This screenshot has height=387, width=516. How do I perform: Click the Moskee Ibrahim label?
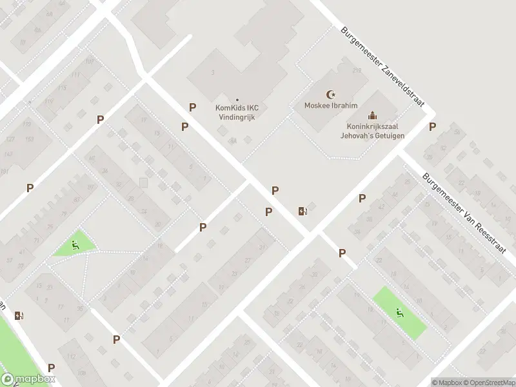click(330, 105)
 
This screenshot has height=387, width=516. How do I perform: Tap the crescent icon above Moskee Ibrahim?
click(332, 94)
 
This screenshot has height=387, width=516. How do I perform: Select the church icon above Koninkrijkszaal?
click(372, 115)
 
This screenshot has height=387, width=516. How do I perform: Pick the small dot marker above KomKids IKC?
click(238, 99)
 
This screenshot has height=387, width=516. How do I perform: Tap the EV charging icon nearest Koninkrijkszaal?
click(302, 211)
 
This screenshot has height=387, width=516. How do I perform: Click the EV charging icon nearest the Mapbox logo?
click(19, 315)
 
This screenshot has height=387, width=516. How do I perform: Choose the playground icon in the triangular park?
click(75, 244)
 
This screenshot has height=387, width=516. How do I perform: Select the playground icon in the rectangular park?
click(400, 313)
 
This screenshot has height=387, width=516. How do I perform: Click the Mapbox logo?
click(27, 379)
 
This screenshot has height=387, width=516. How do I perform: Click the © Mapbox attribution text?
click(448, 382)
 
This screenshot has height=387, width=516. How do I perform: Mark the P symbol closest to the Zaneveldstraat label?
click(432, 127)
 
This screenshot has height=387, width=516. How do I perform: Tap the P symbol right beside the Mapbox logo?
click(51, 368)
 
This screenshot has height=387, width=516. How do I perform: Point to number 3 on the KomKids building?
click(212, 72)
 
